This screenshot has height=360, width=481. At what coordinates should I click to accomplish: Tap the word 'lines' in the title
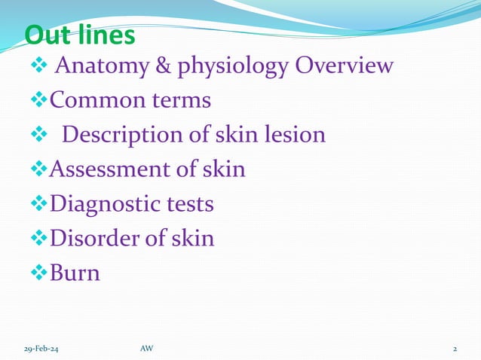(x=107, y=35)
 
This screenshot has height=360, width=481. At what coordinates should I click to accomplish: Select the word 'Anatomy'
(x=103, y=66)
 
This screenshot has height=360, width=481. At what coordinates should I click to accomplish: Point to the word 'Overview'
(x=344, y=66)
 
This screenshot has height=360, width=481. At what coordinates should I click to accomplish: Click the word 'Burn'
(x=75, y=273)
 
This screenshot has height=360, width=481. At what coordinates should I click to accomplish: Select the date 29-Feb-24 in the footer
(x=38, y=349)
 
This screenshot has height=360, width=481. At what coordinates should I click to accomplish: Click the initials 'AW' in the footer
(x=146, y=349)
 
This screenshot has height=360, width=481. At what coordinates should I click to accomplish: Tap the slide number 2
(x=455, y=349)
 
